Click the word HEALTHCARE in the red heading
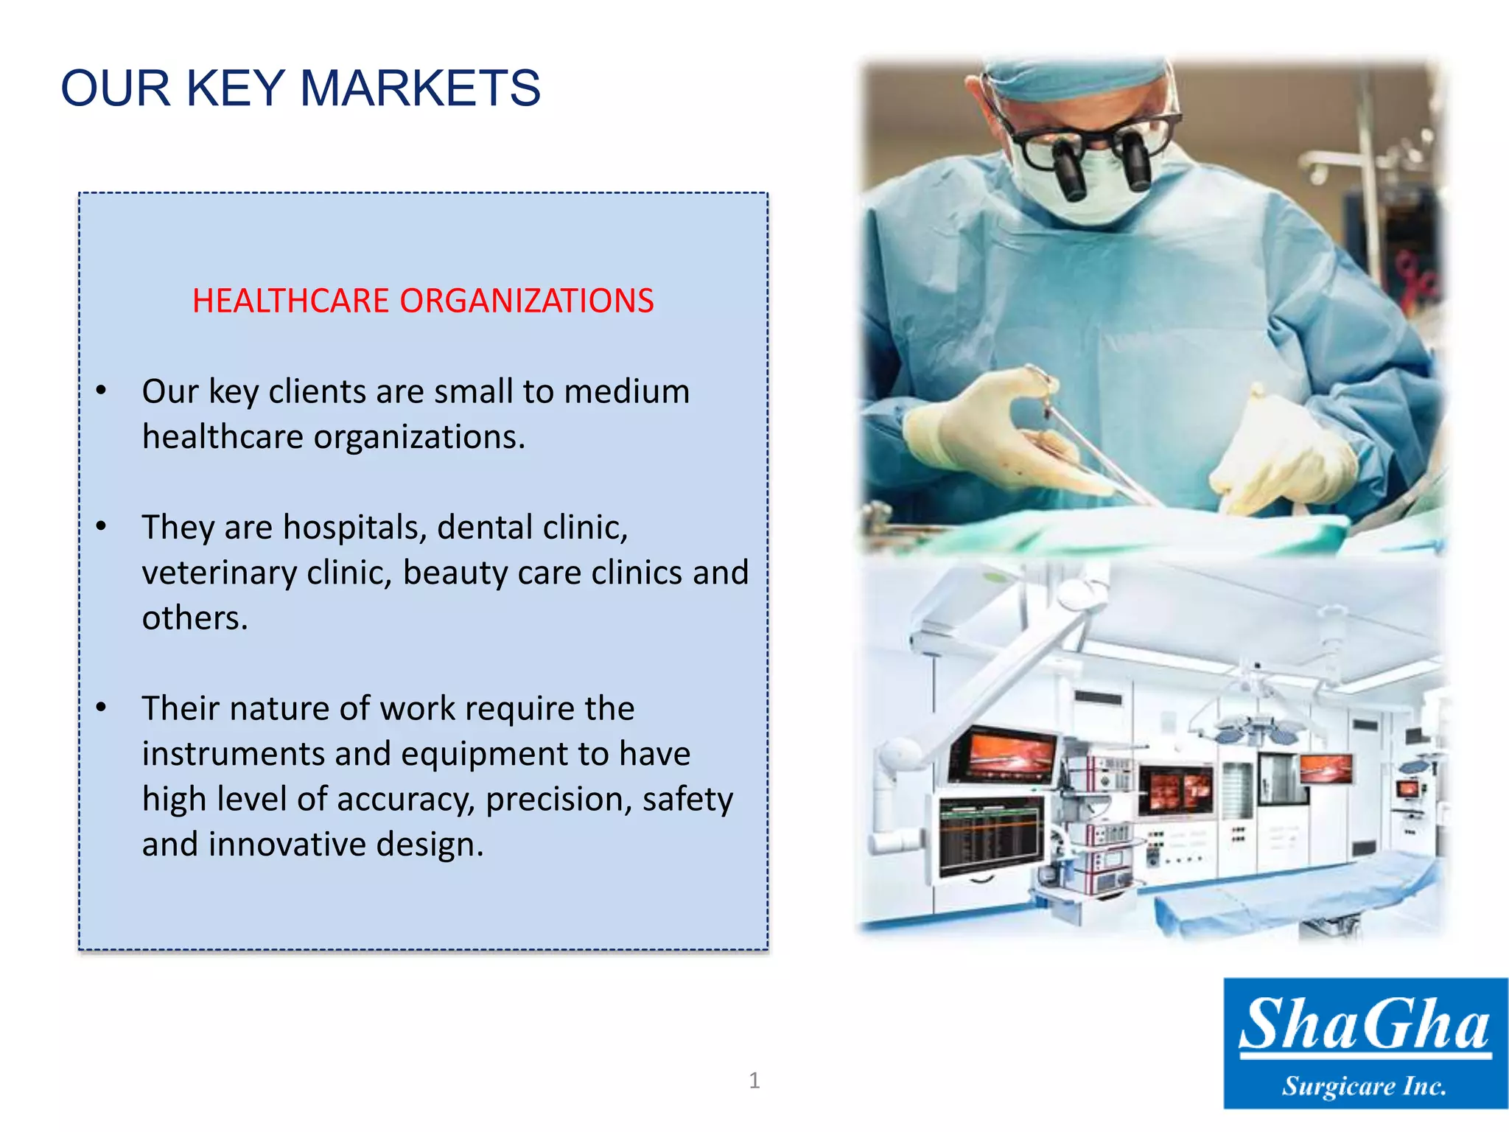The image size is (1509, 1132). coord(290,301)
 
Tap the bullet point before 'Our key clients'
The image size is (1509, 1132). coord(102,391)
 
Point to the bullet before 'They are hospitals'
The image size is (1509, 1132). coord(102,526)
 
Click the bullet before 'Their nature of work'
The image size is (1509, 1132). coord(102,707)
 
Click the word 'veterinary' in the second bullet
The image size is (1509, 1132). coord(219,573)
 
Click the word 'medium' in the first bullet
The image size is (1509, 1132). coord(626,391)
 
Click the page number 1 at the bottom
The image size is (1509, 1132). coord(754,1080)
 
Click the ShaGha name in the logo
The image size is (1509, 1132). coord(1365,1024)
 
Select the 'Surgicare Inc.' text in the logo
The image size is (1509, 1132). coord(1365,1086)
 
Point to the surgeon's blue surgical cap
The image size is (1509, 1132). coord(1076,77)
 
